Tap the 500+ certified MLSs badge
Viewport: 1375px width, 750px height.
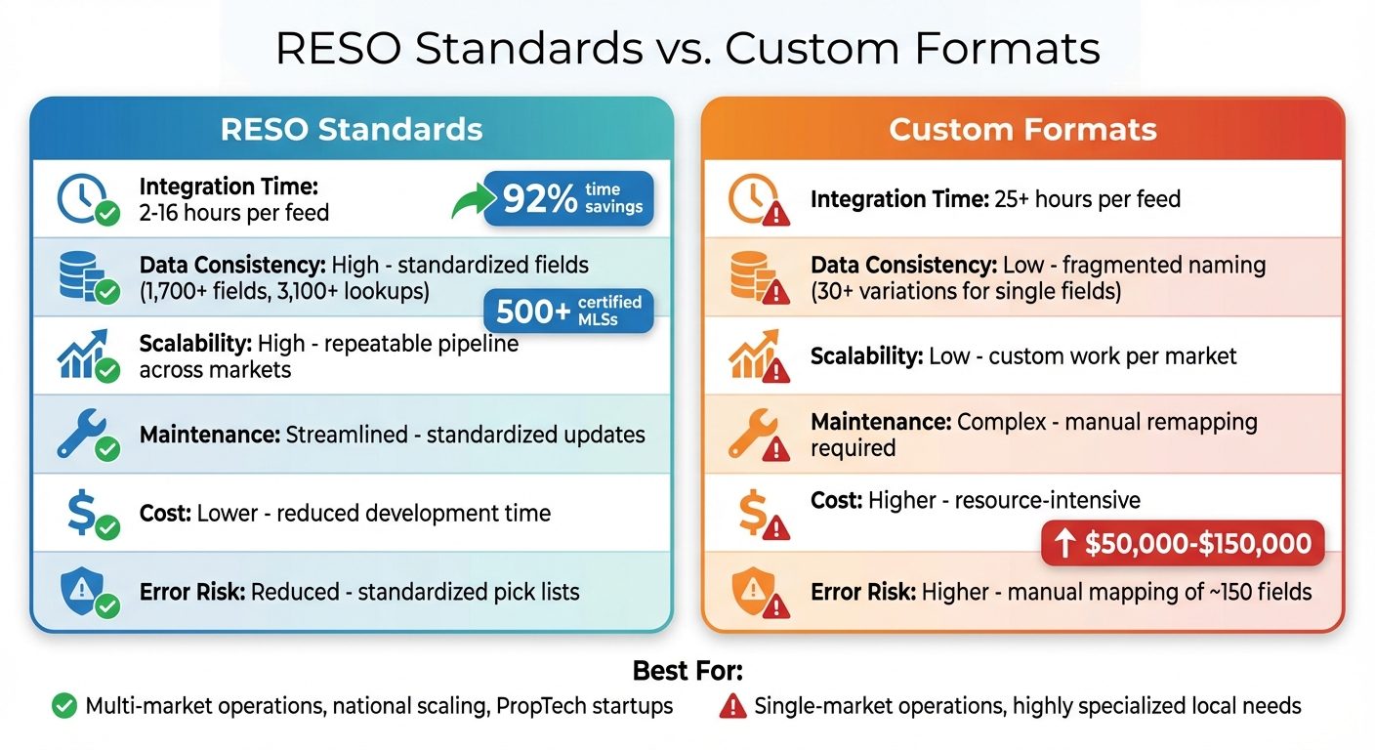click(x=568, y=311)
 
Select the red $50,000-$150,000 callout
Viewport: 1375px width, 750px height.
click(x=1182, y=545)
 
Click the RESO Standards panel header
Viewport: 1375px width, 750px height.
click(x=352, y=130)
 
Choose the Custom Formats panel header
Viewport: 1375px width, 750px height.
click(x=1022, y=130)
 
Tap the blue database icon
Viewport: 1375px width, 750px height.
click(x=80, y=275)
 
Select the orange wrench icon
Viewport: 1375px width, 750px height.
click(x=752, y=433)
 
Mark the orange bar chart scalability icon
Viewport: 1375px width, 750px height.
click(x=752, y=354)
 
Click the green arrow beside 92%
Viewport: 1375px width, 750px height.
click(x=473, y=202)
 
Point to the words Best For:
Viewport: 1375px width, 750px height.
click(x=687, y=672)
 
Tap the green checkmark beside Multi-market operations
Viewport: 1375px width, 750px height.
click(x=64, y=706)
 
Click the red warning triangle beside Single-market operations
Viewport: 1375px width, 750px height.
click(x=732, y=706)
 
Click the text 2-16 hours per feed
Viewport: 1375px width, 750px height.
click(x=234, y=212)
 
